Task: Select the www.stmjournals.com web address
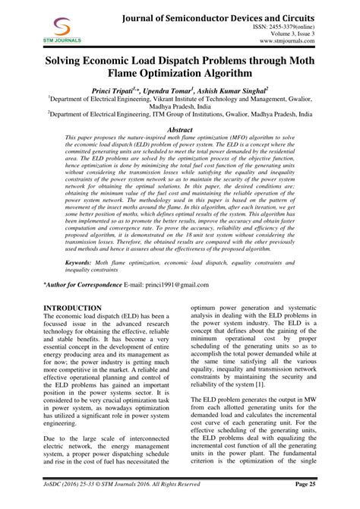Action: (305, 43)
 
